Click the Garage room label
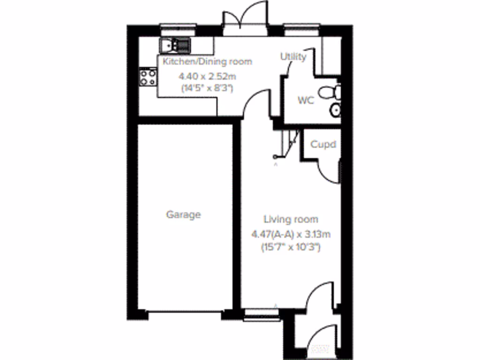pos(183,215)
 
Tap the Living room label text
pos(291,219)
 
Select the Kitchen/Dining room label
pos(207,61)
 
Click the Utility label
pos(293,57)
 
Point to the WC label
pos(306,100)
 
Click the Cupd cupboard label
pos(323,144)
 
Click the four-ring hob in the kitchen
pos(148,77)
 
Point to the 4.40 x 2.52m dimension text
pos(207,76)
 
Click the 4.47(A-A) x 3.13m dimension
pos(291,234)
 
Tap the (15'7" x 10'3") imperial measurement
pos(291,247)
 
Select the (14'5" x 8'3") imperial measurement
pos(207,88)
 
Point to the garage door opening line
pos(184,311)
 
